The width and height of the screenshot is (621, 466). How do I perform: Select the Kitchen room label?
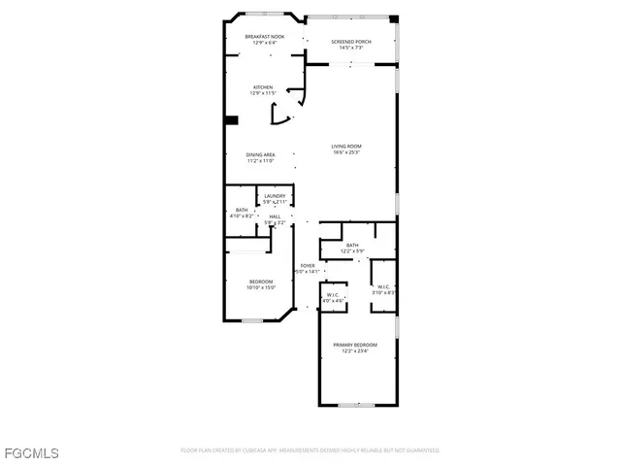(x=263, y=87)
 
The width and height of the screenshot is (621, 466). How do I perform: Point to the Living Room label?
(x=346, y=146)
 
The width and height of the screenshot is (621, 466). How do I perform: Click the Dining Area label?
(x=260, y=154)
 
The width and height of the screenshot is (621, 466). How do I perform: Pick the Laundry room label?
(x=275, y=196)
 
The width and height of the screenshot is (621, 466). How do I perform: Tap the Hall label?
(x=275, y=216)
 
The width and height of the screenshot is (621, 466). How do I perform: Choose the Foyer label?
(x=307, y=265)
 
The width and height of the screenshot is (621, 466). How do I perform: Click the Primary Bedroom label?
(x=355, y=345)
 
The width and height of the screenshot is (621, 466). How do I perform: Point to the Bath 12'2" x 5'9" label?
(x=352, y=245)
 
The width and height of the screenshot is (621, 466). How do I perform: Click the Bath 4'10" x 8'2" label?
(x=241, y=210)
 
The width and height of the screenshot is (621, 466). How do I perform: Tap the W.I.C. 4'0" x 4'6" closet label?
(x=333, y=295)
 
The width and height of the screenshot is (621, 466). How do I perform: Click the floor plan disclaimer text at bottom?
(x=310, y=450)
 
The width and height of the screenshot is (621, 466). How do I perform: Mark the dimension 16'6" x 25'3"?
(x=346, y=152)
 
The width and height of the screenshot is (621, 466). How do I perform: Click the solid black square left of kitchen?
(x=231, y=120)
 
